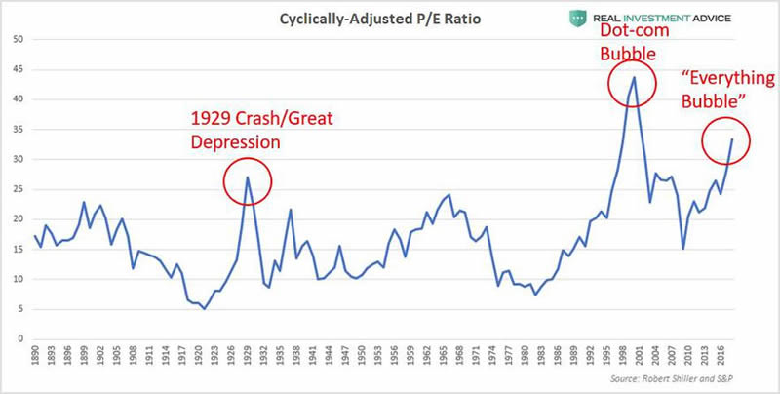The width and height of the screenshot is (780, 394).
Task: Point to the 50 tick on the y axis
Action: click(17, 39)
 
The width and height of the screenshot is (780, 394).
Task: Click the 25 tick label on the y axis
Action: click(17, 189)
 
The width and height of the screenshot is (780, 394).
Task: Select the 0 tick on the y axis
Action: click(19, 339)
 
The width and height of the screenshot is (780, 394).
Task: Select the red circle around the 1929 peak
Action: click(248, 180)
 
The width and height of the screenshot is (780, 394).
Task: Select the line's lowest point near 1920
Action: click(204, 308)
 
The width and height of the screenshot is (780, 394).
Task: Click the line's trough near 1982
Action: click(535, 295)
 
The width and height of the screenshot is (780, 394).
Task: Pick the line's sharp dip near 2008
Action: click(683, 249)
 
